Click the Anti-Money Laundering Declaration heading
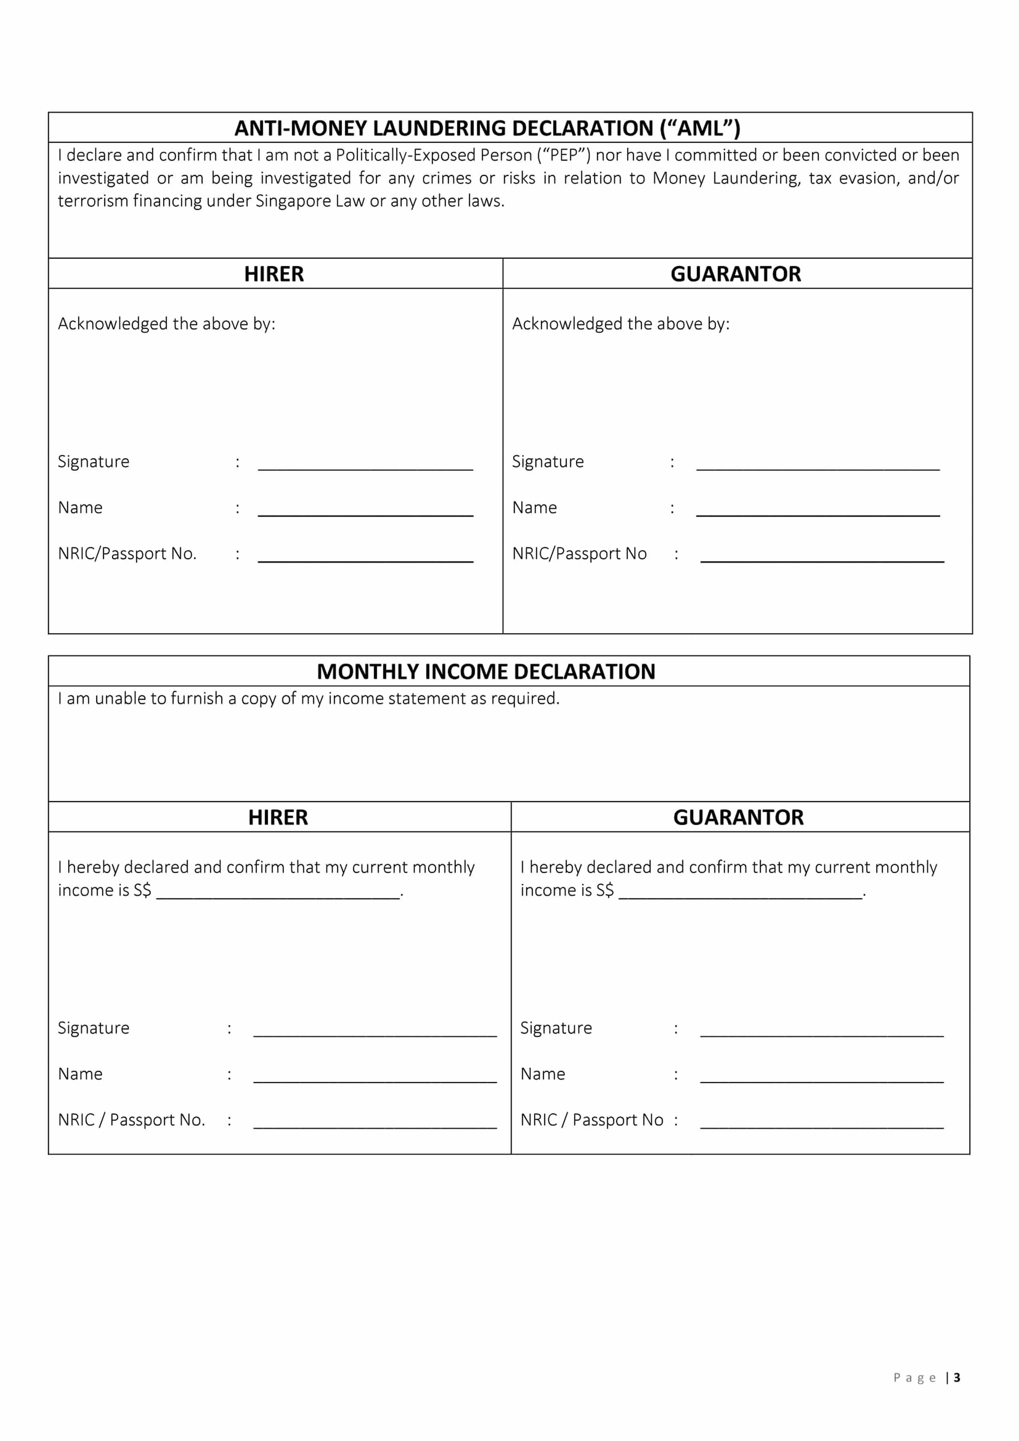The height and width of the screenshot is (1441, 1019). coord(487,128)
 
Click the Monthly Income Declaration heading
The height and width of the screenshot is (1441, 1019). coord(486,671)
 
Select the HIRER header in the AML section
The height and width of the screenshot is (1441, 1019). coord(274,274)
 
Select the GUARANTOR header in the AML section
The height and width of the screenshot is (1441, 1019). coord(735,274)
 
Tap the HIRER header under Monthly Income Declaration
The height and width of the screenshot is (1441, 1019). coord(278,817)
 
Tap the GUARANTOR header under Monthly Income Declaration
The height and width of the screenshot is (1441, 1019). coord(738,817)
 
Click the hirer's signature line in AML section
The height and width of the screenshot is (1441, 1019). coord(365,464)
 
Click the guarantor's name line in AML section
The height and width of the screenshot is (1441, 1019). coord(818,510)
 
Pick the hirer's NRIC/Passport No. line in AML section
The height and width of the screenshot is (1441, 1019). coord(365,556)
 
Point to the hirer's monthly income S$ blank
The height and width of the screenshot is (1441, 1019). coord(278,892)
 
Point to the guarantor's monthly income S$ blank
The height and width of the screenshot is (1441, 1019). coord(740,892)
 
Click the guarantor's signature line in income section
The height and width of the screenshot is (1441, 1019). coord(821,1031)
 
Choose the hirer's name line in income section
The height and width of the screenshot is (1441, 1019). coord(374,1077)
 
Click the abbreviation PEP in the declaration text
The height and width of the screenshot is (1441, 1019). coord(564,155)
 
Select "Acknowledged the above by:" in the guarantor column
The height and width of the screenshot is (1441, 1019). coord(621,324)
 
